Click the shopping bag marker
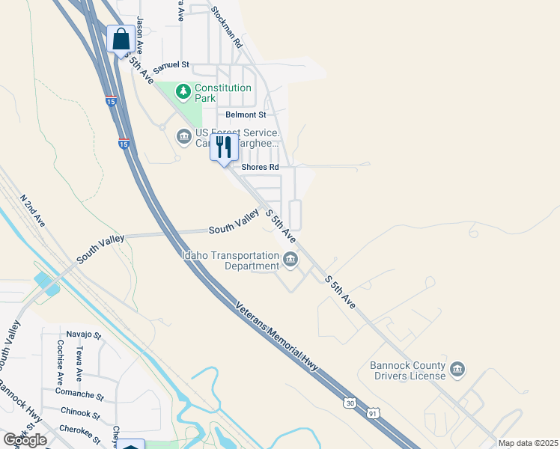[121, 39]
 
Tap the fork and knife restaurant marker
[223, 147]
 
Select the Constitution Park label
[223, 93]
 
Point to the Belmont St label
[246, 114]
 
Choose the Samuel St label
[172, 66]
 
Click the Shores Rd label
[260, 166]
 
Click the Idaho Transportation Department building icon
[290, 260]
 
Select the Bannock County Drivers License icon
[457, 369]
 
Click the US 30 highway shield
[350, 403]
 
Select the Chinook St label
[81, 413]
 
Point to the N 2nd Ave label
[33, 212]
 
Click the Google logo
[25, 439]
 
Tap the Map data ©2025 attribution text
[528, 443]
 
